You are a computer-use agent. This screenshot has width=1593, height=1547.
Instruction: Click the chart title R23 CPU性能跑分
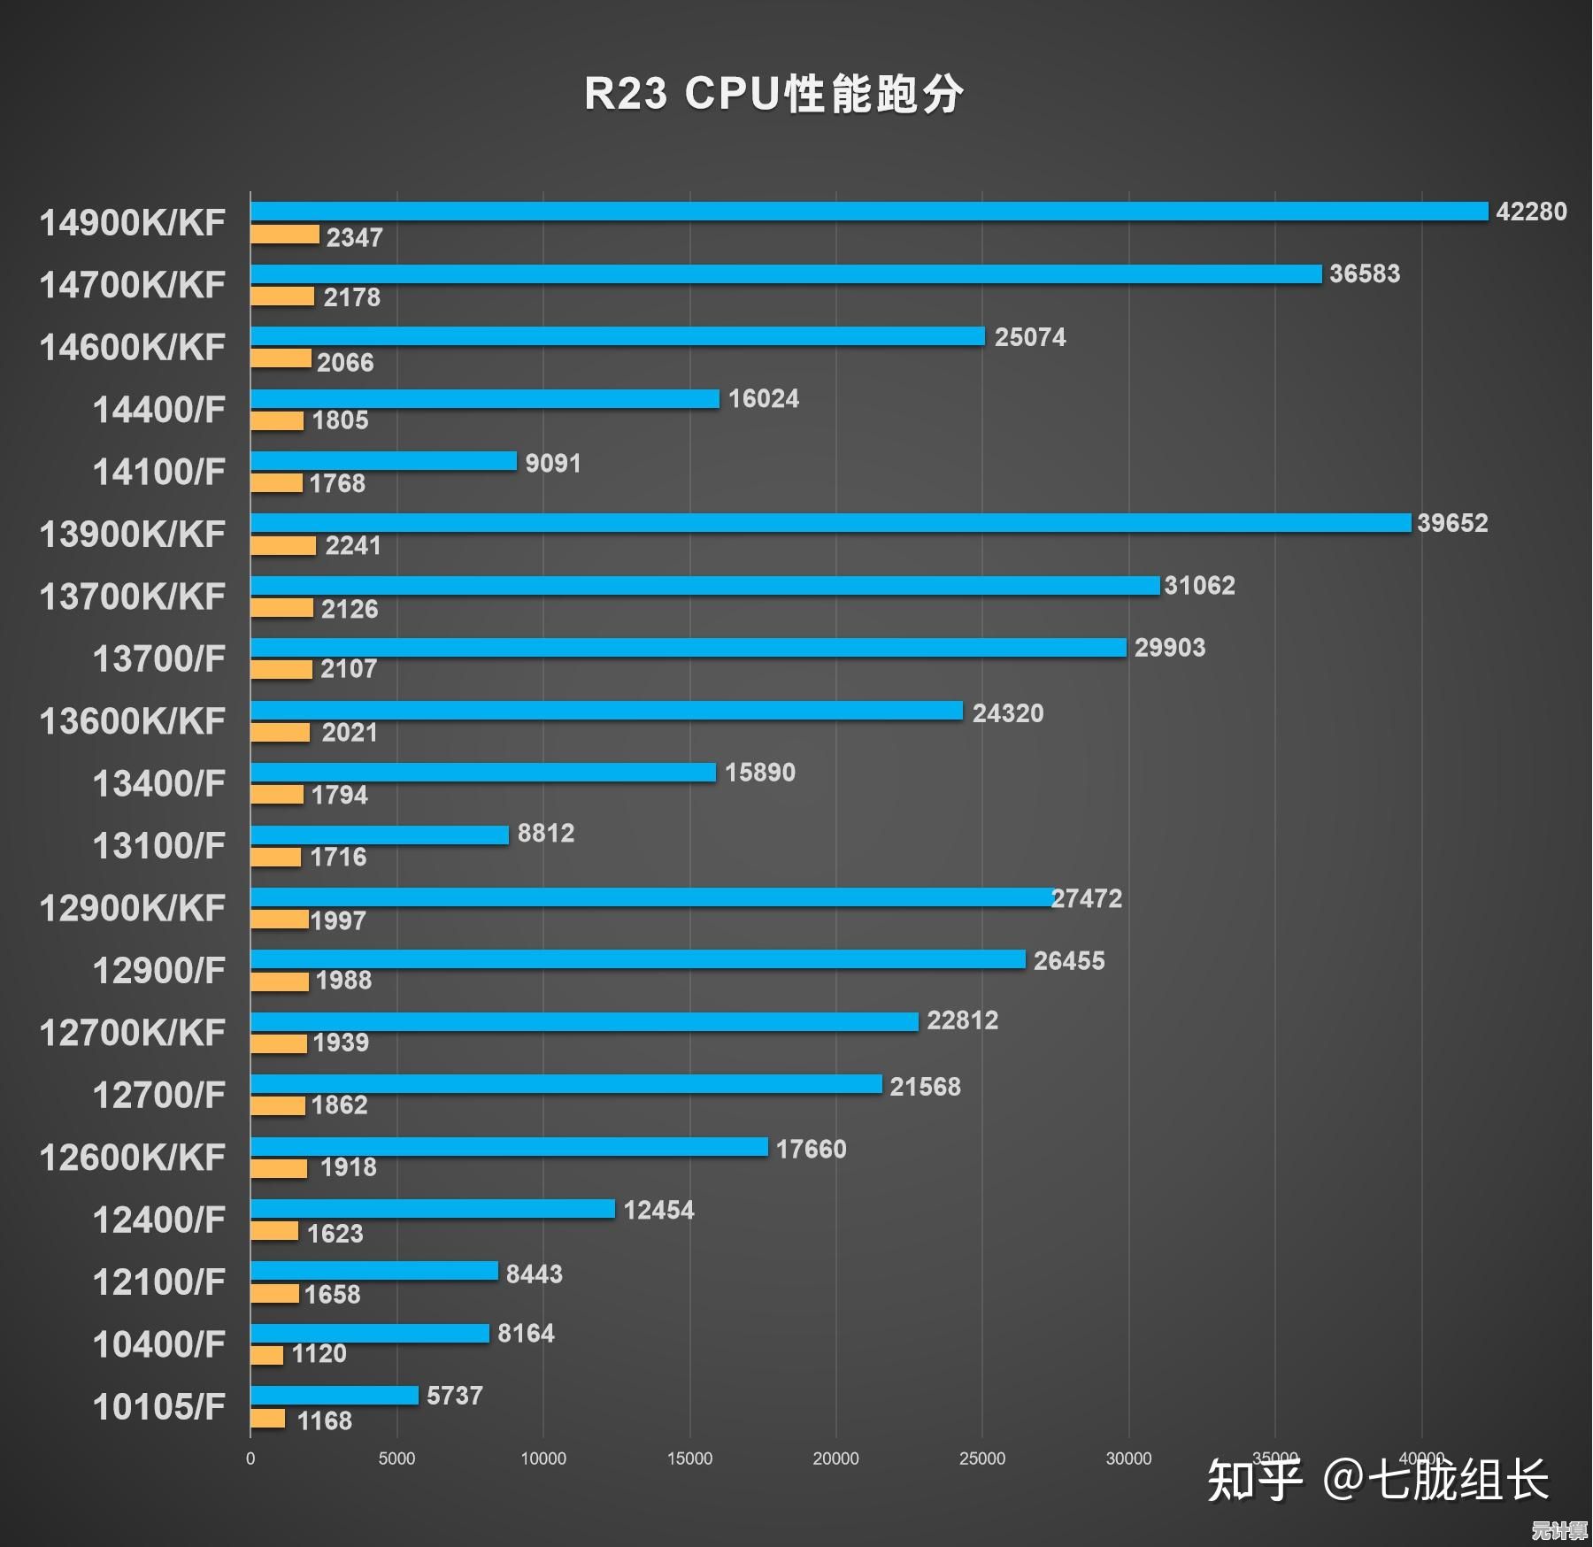click(x=773, y=94)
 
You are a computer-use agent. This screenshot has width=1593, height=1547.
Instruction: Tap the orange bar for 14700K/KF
click(x=282, y=296)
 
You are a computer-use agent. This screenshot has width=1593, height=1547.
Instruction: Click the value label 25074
click(x=1030, y=337)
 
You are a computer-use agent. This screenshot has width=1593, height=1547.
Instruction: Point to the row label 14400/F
click(x=159, y=410)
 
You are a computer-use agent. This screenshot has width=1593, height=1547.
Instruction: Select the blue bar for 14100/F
click(x=383, y=461)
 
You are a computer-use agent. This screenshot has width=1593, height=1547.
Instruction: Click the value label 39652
click(x=1452, y=523)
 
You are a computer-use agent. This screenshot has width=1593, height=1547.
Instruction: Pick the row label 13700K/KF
click(x=133, y=596)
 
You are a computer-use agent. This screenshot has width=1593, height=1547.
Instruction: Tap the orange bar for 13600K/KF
click(x=281, y=733)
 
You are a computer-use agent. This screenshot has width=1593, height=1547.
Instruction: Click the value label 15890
click(x=760, y=773)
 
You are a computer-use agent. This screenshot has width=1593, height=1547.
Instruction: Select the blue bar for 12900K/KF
click(x=651, y=897)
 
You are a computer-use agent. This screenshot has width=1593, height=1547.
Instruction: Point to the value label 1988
click(x=343, y=980)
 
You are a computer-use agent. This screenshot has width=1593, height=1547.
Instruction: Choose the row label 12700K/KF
click(x=133, y=1033)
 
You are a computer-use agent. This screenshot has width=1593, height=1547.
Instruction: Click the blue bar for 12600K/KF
click(x=509, y=1147)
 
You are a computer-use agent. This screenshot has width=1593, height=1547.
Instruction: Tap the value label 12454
click(x=658, y=1210)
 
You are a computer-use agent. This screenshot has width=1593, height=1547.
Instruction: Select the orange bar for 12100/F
click(x=274, y=1294)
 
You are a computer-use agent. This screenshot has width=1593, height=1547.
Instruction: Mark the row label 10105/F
click(x=159, y=1407)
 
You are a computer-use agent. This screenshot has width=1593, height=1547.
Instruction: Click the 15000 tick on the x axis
click(x=689, y=1458)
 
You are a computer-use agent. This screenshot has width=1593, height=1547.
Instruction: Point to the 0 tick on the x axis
click(x=250, y=1458)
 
